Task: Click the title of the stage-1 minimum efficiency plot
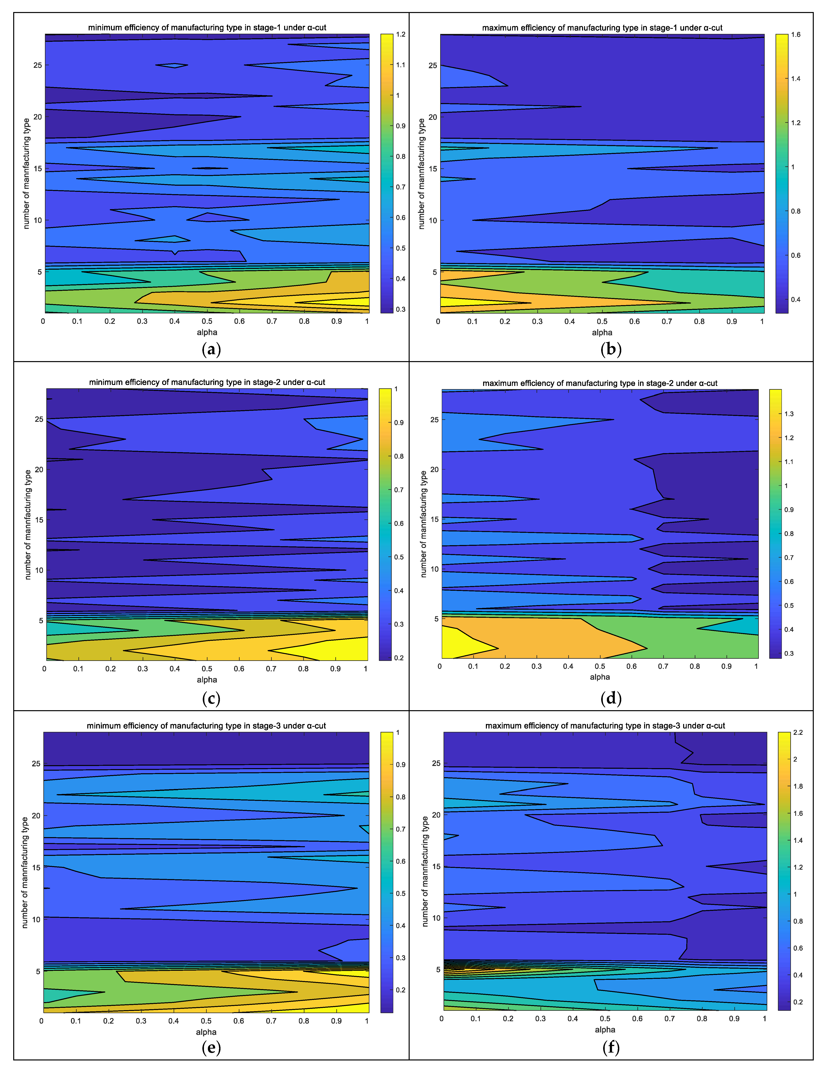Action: coord(207,28)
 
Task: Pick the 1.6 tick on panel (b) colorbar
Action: coord(795,35)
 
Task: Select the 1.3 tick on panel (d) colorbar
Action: coord(789,414)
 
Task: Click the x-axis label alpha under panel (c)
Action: coord(207,680)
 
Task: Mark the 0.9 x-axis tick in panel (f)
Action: coord(734,1019)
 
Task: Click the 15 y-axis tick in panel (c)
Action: coord(39,520)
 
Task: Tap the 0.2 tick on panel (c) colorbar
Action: coord(399,658)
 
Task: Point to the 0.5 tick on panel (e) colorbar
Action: coord(401,893)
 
